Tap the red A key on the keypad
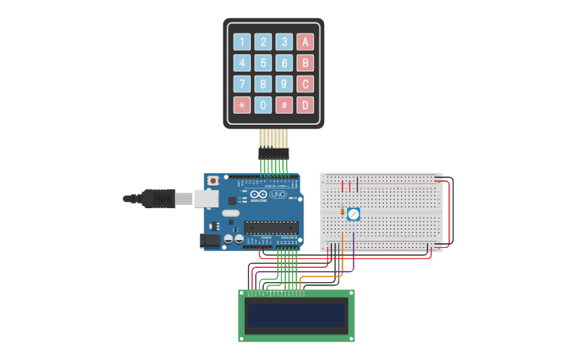[x=305, y=42]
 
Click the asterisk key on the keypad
[x=242, y=105]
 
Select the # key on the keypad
[x=284, y=105]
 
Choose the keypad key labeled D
[x=305, y=105]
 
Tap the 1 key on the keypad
[x=242, y=42]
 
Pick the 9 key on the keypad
[x=284, y=83]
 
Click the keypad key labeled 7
[x=242, y=83]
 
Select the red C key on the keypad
[x=305, y=83]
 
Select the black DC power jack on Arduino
[x=211, y=239]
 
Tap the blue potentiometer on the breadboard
[x=354, y=214]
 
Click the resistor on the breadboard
[x=342, y=212]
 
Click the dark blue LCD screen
[x=296, y=316]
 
